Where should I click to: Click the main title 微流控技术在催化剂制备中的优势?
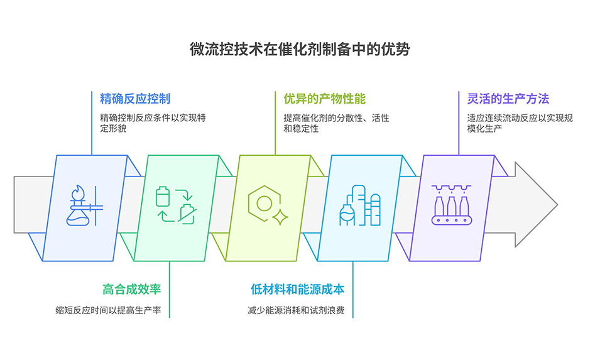coord(300,49)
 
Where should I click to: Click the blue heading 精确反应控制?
coord(135,99)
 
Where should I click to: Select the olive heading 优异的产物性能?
coord(324,99)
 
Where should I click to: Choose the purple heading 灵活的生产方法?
coord(508,99)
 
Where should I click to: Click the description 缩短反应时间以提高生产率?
coord(112,310)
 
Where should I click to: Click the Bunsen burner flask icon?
coord(84,206)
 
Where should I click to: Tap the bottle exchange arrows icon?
coord(174,205)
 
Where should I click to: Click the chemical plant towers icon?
coord(360,206)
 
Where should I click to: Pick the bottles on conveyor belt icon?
coord(451,205)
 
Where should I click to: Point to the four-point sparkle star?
coord(280,217)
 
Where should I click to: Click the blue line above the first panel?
coord(92,126)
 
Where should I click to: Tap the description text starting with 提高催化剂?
coord(336,123)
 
